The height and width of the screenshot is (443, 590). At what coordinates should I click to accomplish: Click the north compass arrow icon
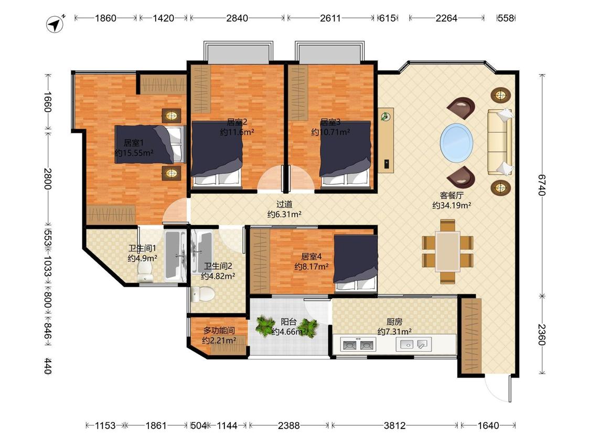56,24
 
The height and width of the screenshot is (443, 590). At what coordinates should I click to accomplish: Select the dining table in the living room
447,251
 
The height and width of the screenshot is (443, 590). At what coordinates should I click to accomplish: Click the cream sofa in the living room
500,142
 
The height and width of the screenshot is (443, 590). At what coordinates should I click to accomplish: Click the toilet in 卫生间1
145,272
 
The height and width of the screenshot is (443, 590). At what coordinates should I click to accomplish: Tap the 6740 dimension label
542,185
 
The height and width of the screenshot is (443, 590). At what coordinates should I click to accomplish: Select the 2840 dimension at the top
237,18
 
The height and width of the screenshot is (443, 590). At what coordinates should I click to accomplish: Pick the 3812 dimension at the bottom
394,426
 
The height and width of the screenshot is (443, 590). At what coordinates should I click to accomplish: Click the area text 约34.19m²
452,206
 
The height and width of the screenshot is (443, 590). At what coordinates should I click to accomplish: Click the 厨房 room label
394,322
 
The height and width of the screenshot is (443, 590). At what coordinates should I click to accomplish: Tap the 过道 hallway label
284,205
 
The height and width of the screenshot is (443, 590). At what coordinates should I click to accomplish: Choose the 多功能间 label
219,330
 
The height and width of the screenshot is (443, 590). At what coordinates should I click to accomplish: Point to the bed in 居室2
217,154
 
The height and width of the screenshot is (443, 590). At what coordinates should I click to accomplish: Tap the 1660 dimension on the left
47,102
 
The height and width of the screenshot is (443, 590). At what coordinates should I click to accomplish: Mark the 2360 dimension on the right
542,334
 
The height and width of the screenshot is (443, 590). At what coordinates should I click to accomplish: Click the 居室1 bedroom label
134,143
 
